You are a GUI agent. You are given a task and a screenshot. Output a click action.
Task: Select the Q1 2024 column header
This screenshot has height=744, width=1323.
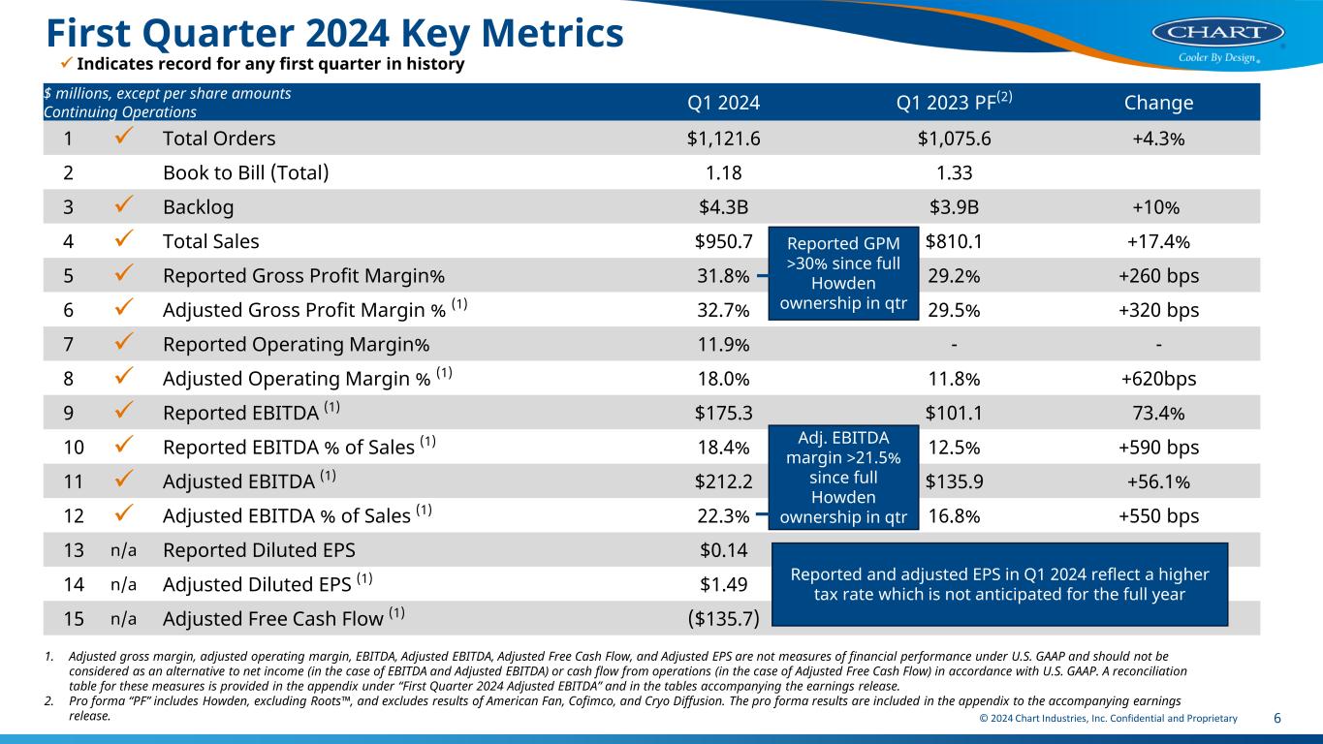click(723, 103)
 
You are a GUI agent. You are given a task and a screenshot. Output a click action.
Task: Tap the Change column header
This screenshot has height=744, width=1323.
click(1158, 103)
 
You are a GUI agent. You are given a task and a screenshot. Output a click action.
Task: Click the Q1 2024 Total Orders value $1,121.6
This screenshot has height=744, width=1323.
click(723, 138)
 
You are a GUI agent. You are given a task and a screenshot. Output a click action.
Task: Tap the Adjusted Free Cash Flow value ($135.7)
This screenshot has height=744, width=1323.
click(723, 618)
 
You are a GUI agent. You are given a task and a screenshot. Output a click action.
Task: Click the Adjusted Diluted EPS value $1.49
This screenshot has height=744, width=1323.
click(723, 584)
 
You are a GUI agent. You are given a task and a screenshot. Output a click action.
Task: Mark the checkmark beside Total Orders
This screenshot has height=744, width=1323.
click(123, 138)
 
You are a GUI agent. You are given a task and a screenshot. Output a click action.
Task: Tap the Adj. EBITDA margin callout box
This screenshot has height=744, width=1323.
click(842, 478)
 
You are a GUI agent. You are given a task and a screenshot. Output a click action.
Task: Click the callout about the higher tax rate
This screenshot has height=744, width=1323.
click(999, 584)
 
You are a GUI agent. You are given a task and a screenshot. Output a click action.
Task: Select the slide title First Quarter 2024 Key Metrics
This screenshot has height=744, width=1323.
click(334, 33)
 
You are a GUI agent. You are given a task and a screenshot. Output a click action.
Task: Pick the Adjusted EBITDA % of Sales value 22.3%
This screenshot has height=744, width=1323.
click(723, 515)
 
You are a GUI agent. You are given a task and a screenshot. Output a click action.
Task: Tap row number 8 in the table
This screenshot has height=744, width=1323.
click(68, 379)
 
